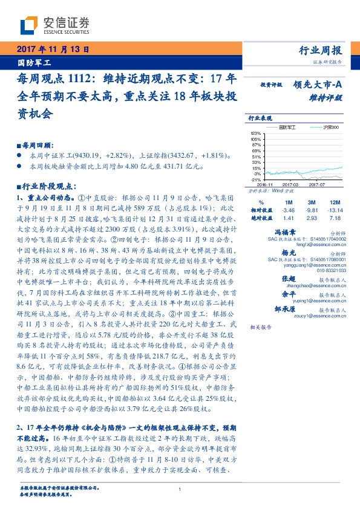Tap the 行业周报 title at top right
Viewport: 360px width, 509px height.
(x=321, y=51)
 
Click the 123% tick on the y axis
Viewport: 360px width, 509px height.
(x=256, y=134)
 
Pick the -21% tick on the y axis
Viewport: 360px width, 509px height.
(x=256, y=180)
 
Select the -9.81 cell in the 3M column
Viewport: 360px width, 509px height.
(x=312, y=209)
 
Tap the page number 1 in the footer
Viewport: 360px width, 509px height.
(x=180, y=490)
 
